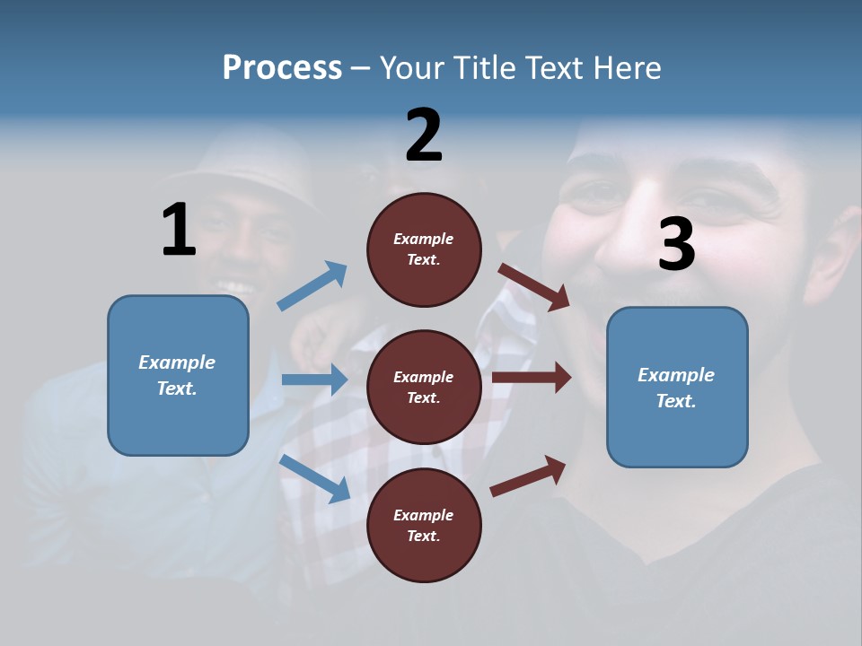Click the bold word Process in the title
click(282, 68)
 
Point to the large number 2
click(424, 135)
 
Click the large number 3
click(676, 244)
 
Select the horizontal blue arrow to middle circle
click(314, 380)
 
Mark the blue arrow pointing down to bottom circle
click(315, 477)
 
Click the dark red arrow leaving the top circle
click(535, 286)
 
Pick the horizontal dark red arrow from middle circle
click(532, 378)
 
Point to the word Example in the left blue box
click(177, 362)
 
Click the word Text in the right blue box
click(675, 401)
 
